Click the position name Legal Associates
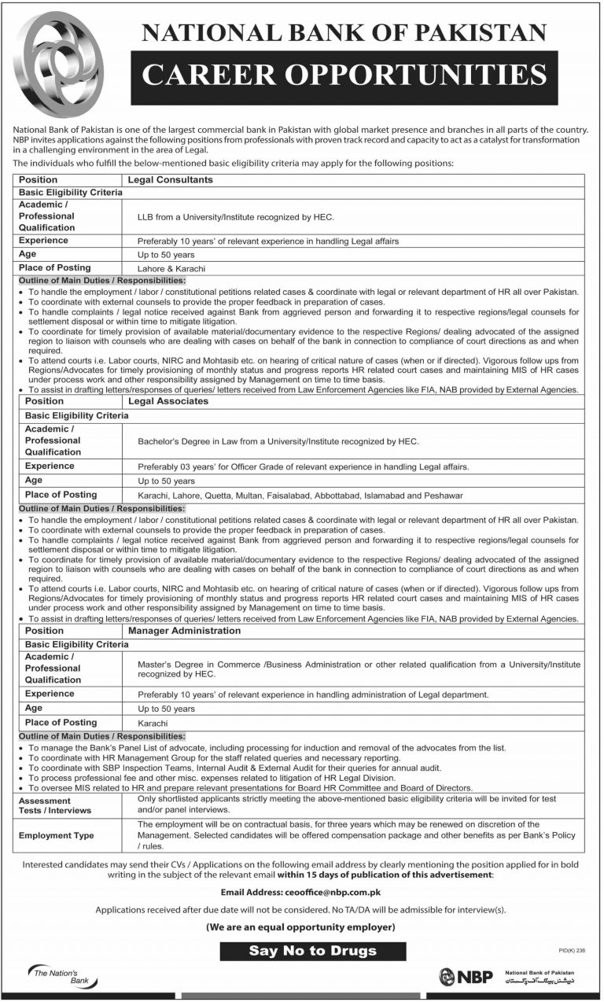174,400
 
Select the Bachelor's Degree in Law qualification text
278,442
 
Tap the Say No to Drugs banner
312,950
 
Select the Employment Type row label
65,835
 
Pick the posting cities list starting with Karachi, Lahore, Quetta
300,495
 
